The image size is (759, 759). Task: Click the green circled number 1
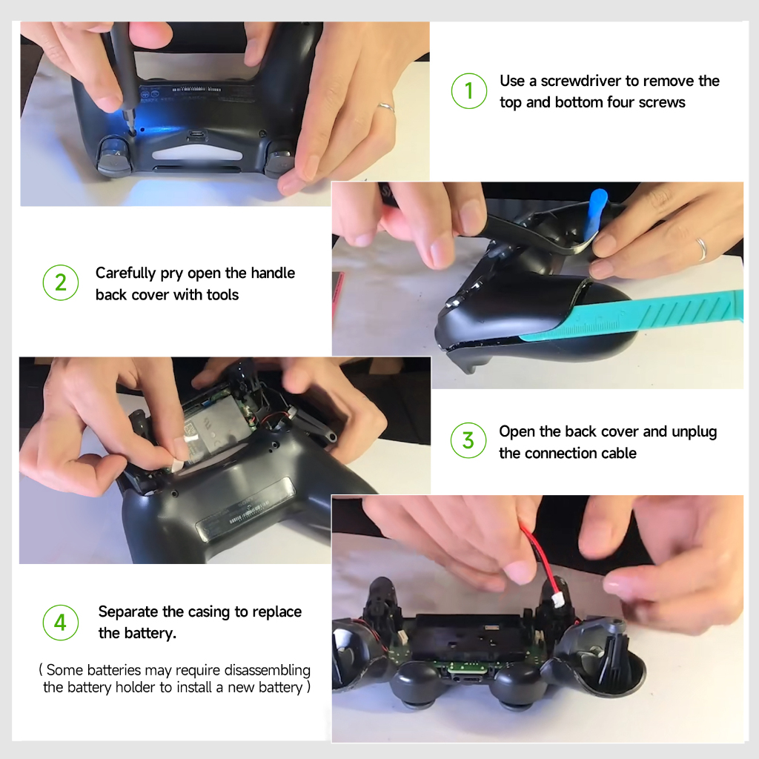(x=468, y=91)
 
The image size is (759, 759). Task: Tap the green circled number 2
(x=61, y=282)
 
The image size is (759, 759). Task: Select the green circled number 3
(x=468, y=440)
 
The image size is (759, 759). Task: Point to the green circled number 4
(x=61, y=623)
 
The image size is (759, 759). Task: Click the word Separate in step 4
(x=128, y=611)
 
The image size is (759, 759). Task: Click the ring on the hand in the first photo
(x=386, y=107)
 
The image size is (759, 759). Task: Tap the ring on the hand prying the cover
(x=701, y=249)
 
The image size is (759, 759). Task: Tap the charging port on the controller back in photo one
(x=196, y=135)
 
